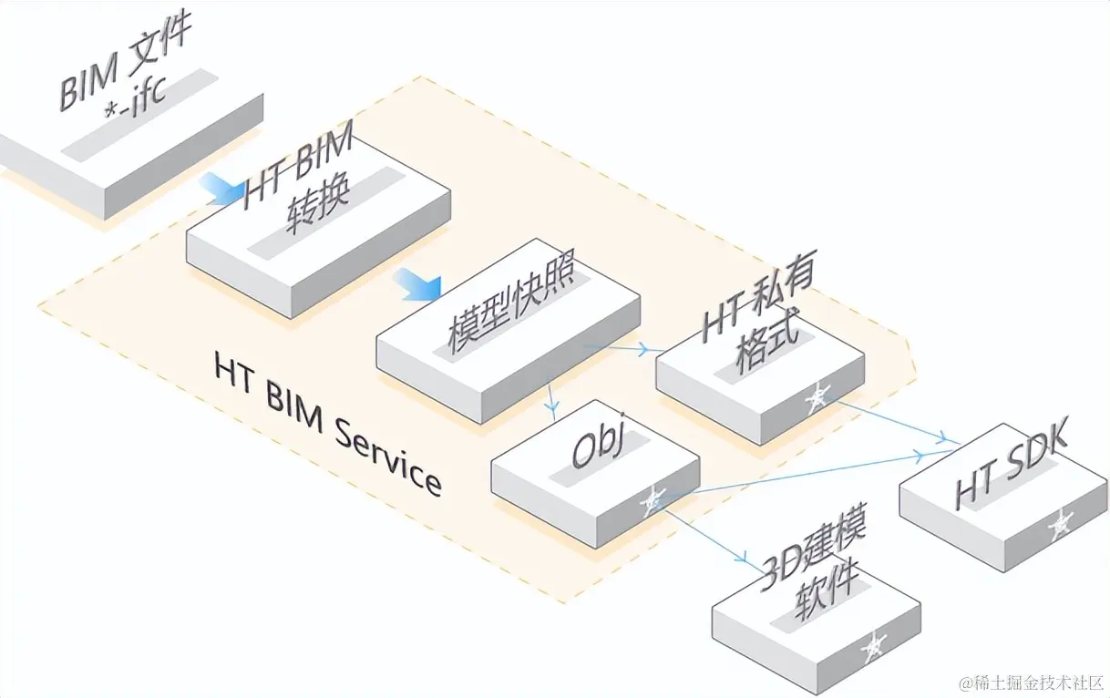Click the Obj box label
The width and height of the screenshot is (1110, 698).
[x=597, y=450]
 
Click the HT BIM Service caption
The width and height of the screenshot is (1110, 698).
[x=328, y=425]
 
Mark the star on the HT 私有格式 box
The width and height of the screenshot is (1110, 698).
[x=817, y=395]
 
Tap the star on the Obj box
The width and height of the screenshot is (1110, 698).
[x=653, y=499]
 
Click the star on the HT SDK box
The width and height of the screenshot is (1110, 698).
[x=1060, y=524]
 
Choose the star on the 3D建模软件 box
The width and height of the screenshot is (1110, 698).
[x=874, y=645]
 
